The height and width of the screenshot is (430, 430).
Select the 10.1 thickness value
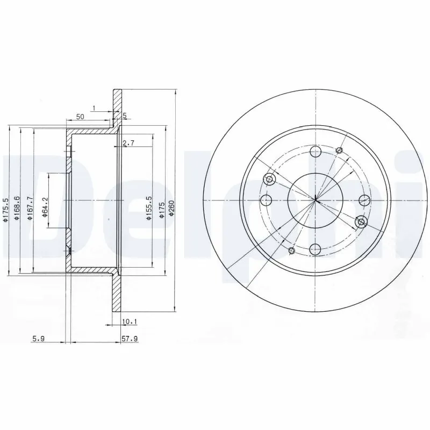coord(129,322)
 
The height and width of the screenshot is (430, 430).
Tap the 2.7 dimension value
coord(128,143)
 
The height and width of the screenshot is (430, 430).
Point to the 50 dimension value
coord(80,116)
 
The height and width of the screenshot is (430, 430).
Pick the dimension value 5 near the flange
coord(124,116)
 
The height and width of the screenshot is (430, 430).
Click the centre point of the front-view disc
coord(316,201)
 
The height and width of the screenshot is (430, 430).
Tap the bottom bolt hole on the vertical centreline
coord(316,248)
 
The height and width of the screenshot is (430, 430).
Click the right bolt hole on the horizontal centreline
coord(364,201)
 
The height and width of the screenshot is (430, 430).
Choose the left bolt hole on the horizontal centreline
coord(266,201)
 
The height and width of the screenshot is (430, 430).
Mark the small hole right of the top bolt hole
coord(339,150)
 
